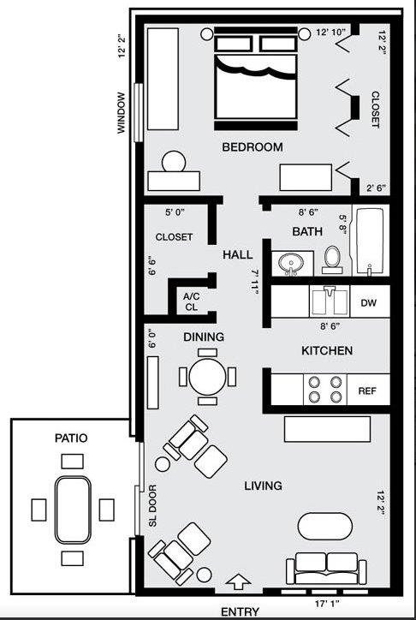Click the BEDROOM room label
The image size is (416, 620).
coord(253,147)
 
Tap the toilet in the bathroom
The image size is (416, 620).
coord(332,259)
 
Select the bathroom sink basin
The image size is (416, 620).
coord(291,263)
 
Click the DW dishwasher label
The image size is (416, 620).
coord(368,303)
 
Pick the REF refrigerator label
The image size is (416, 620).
coord(367,391)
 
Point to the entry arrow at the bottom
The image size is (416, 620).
coord(238,581)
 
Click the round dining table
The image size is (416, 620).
coord(207,377)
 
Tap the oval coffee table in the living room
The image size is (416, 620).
coord(325,526)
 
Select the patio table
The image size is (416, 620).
coord(73,510)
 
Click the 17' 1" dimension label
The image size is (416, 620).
coord(328,604)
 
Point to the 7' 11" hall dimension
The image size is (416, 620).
coord(254,283)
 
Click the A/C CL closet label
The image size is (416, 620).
coord(190,301)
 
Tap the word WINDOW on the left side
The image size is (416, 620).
coord(122,113)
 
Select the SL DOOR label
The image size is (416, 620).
coord(153,506)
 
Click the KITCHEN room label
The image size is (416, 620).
coord(327,351)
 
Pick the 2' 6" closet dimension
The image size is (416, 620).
coord(376,188)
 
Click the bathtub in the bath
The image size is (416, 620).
coord(370,241)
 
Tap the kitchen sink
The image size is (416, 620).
coord(330,301)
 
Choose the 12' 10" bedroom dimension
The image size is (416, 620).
coord(330,33)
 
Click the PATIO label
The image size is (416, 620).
coord(71,438)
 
